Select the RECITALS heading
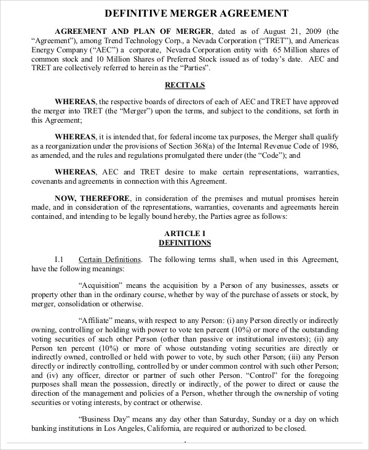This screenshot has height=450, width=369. point(184,84)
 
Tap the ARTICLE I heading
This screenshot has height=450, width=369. point(184,233)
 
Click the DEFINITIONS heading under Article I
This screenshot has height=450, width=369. point(184,243)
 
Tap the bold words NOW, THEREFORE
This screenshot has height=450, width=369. point(93,198)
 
